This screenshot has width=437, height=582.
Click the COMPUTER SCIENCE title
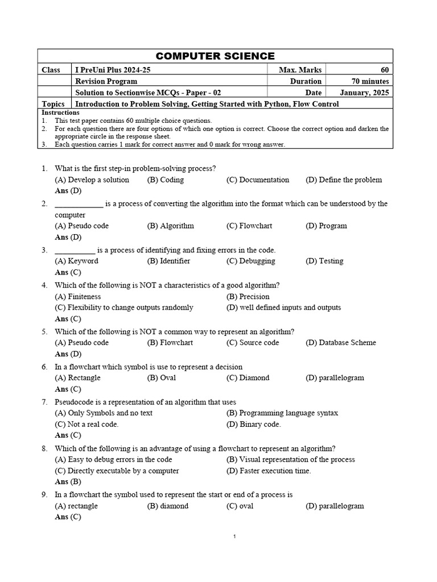click(215, 56)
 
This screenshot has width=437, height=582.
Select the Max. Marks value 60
click(385, 70)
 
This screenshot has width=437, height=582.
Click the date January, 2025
click(364, 93)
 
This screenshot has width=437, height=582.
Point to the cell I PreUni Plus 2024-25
click(113, 70)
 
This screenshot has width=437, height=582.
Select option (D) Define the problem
click(343, 180)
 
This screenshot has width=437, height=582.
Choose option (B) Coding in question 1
click(165, 180)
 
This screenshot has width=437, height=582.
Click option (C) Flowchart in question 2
click(249, 226)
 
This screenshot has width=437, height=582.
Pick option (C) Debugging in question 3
click(250, 261)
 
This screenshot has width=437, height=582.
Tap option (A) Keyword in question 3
click(76, 261)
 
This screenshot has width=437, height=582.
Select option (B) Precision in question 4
click(248, 296)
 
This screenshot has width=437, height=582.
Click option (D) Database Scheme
click(340, 343)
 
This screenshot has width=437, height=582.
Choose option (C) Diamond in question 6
click(248, 378)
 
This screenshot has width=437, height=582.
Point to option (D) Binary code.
click(253, 424)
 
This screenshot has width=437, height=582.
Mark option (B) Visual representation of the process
click(290, 459)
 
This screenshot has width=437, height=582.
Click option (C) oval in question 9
click(240, 506)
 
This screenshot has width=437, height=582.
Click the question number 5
click(44, 331)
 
